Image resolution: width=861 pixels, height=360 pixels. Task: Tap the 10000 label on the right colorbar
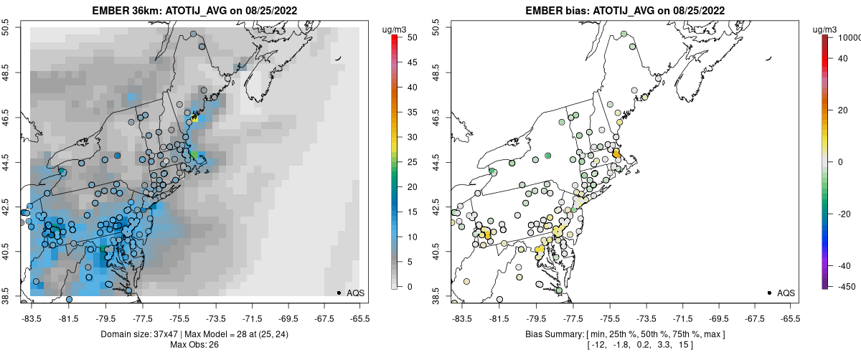click(x=850, y=37)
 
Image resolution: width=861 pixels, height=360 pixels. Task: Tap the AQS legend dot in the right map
click(x=769, y=293)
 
